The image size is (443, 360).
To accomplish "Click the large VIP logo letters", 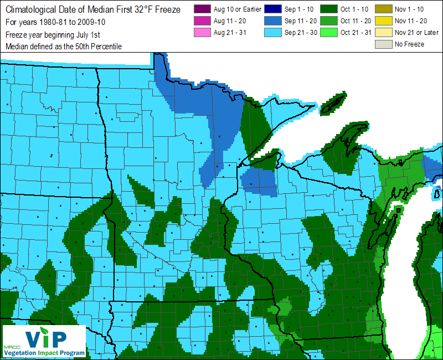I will tap(47, 337).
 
